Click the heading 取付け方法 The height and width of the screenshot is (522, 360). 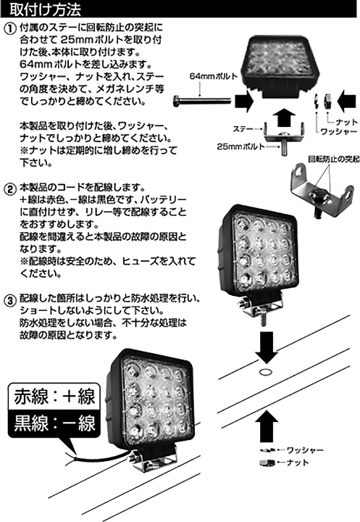[x=45, y=9]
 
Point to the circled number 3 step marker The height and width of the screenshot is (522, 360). [x=9, y=298]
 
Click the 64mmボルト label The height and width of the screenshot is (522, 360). [x=210, y=75]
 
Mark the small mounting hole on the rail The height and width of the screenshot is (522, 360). [x=264, y=372]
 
